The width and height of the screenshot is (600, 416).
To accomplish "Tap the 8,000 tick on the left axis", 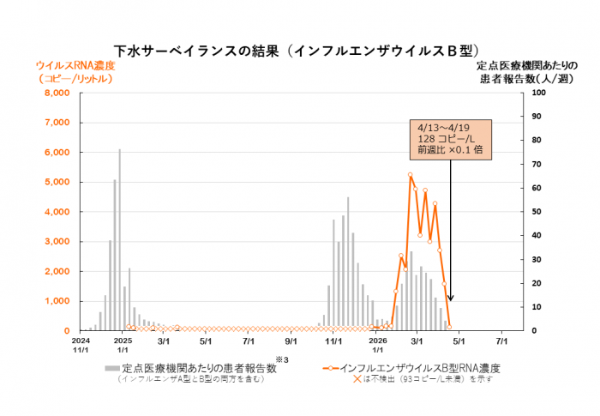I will [56, 93].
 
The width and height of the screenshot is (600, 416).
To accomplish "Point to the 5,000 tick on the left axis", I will [56, 182].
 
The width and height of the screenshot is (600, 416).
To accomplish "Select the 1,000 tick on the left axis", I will [56, 301].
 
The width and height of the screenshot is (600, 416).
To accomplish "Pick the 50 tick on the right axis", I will [535, 212].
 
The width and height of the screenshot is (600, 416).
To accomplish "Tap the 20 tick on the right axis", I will [535, 283].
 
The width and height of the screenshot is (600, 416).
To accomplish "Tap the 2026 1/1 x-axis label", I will [377, 346].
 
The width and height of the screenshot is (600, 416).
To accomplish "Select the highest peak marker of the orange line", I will [411, 175].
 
